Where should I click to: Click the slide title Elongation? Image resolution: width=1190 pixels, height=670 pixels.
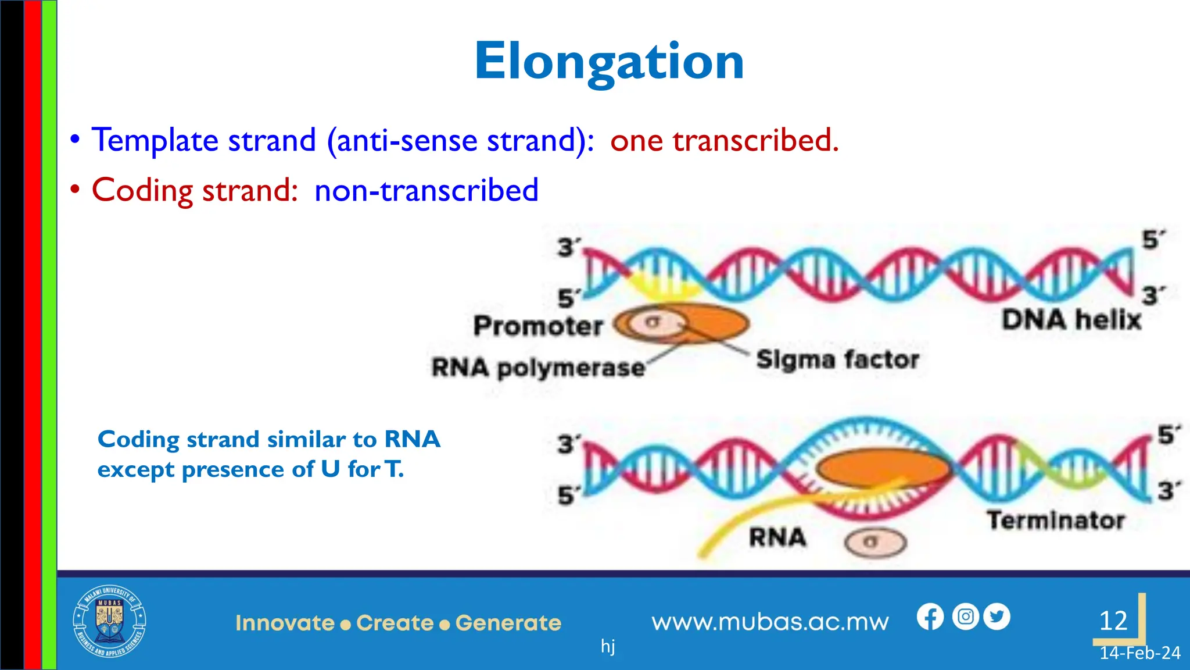609,62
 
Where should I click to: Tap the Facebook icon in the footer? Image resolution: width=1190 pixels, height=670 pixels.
930,617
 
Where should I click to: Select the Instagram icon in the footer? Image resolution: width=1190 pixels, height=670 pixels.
966,616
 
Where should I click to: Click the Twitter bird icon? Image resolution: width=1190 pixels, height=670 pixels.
997,616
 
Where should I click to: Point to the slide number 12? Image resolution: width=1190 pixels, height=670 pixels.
1113,621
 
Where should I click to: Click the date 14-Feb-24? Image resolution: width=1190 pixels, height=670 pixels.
1139,653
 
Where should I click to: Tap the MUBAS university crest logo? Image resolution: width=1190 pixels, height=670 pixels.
109,622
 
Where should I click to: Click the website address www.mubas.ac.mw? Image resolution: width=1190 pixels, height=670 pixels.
770,622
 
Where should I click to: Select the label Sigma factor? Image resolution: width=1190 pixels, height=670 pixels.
837,360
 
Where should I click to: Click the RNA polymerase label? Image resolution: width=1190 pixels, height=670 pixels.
538,368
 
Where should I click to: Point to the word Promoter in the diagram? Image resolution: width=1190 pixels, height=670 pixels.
538,326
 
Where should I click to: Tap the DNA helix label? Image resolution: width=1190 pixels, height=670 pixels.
1071,320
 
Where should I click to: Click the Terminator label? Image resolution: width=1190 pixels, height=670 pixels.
1056,520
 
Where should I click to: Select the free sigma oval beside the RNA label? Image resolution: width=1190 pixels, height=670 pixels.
875,543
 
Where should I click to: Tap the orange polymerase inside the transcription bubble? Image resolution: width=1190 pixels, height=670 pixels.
883,468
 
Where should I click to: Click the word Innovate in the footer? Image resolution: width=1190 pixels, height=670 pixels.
285,623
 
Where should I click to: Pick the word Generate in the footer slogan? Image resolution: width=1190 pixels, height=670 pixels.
508,623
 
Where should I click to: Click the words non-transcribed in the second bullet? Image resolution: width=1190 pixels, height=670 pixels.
426,190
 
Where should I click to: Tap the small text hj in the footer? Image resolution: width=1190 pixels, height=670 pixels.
608,646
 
